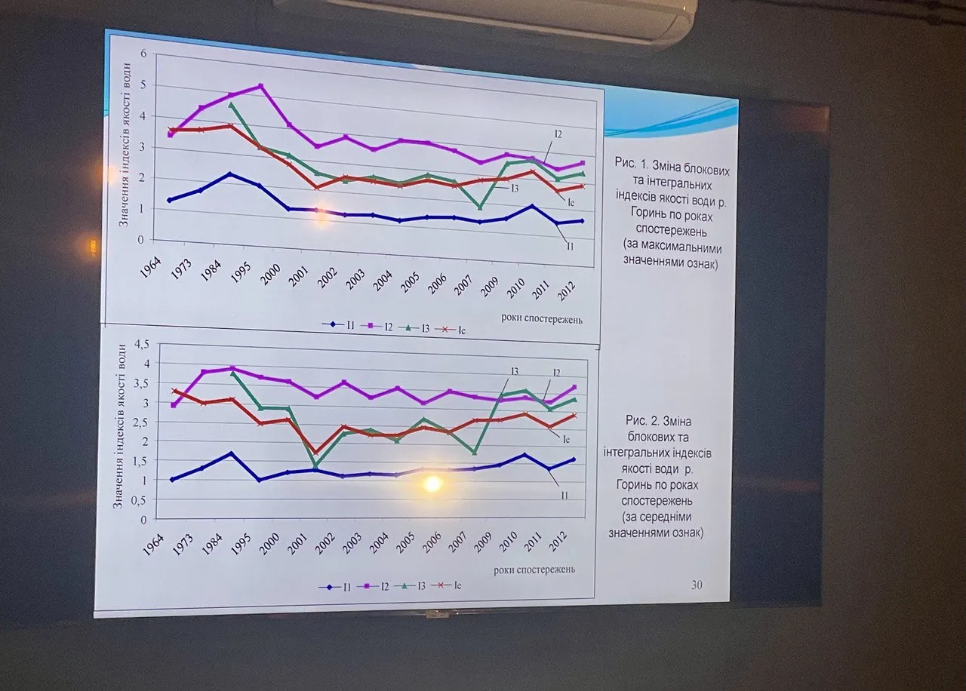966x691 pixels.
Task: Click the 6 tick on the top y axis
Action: click(x=141, y=54)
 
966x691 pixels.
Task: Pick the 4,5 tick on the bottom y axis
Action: click(x=140, y=345)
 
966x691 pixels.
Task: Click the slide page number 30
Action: click(x=696, y=585)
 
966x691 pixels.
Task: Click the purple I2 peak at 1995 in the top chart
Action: click(x=261, y=86)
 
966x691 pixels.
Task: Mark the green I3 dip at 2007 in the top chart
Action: click(x=479, y=207)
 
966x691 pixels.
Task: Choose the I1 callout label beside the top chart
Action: click(x=569, y=246)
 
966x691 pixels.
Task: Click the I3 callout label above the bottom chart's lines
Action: click(x=514, y=370)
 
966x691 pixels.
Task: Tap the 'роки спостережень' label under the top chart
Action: click(x=542, y=318)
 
